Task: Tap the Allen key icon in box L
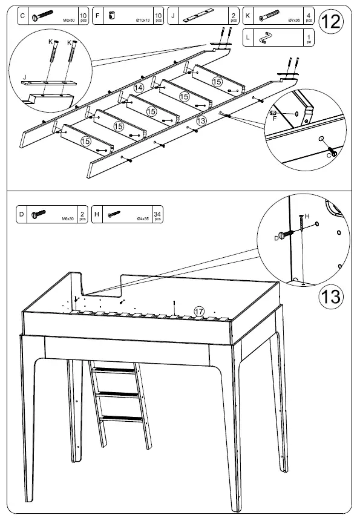tap(267, 39)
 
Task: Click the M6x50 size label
tap(68, 21)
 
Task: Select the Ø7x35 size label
tap(292, 21)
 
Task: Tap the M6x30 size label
tap(67, 218)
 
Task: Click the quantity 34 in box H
tap(158, 212)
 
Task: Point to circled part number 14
tap(139, 88)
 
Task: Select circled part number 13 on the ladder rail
tap(201, 120)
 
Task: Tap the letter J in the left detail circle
tap(24, 77)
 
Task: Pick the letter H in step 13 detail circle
tap(307, 215)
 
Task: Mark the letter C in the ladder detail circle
tap(329, 155)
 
